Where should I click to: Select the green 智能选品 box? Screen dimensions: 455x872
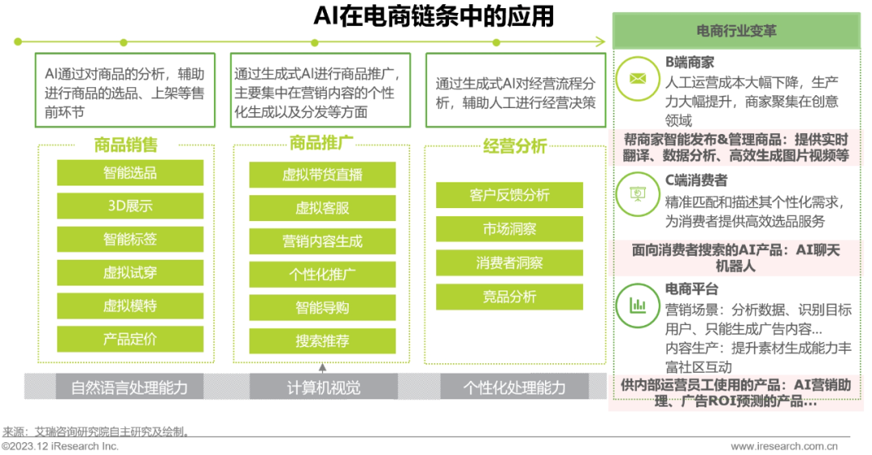(x=129, y=173)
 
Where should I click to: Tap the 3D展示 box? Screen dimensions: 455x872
(x=129, y=206)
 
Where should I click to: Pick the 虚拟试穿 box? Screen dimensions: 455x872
(x=129, y=273)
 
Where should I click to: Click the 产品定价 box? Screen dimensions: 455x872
(x=129, y=339)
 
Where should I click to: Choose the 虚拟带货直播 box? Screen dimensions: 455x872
(x=322, y=174)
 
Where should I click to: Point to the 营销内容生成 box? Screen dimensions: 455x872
(x=322, y=241)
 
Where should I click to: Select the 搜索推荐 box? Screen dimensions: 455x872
(x=322, y=341)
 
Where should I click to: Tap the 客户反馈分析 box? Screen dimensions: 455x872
(x=509, y=195)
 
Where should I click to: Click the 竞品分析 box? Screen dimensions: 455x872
(x=509, y=297)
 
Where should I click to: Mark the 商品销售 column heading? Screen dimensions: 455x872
(x=126, y=145)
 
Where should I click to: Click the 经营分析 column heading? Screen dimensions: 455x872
(x=514, y=146)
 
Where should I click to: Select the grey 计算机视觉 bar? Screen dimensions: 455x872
(x=323, y=388)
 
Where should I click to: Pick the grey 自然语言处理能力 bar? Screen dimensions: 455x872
(x=129, y=388)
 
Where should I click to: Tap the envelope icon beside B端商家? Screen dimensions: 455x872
(x=638, y=78)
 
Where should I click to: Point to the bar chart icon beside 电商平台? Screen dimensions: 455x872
(x=638, y=304)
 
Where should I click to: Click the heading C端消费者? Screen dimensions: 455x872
(x=695, y=181)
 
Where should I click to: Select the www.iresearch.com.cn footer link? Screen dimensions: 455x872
(x=784, y=446)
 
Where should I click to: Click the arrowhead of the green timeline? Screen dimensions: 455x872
(x=600, y=41)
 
